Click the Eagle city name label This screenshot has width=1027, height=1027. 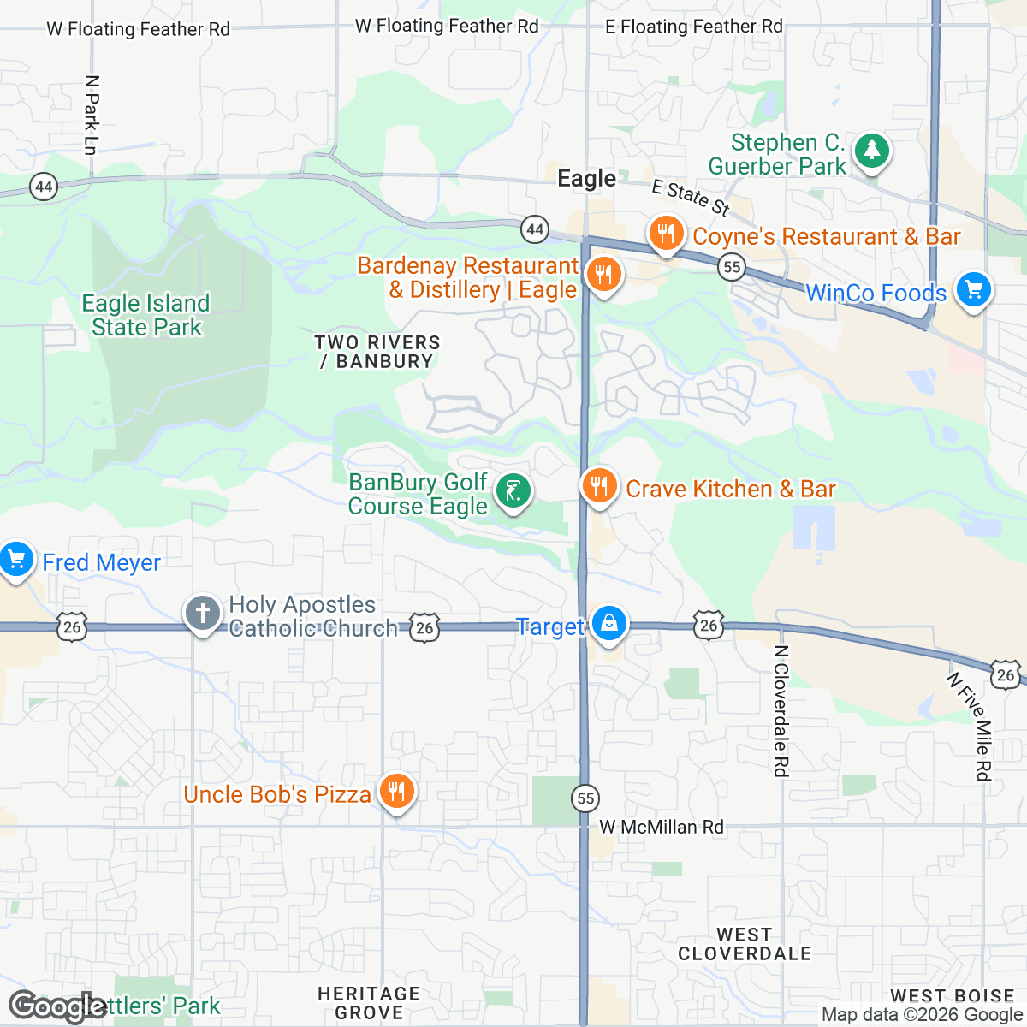[x=586, y=178]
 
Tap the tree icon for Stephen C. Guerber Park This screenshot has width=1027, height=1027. [x=871, y=151]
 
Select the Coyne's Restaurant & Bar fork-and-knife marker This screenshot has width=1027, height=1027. [x=666, y=234]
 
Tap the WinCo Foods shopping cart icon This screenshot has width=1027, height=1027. [x=973, y=290]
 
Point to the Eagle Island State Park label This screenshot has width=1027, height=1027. [x=145, y=315]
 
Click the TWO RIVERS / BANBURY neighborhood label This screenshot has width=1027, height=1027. [x=377, y=352]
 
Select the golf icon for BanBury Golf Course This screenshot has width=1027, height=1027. [x=513, y=492]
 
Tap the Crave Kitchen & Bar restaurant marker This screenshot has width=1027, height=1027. [x=599, y=487]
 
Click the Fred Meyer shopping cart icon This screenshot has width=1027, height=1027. [x=15, y=561]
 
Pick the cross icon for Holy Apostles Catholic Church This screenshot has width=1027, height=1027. [x=203, y=614]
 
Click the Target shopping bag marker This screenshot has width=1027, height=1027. [x=608, y=624]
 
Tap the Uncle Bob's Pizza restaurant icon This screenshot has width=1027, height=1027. [x=396, y=792]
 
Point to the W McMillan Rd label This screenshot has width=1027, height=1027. [x=661, y=827]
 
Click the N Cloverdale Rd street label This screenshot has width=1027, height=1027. [x=780, y=710]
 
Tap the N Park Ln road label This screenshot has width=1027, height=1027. [x=92, y=116]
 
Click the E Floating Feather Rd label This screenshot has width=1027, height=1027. [x=693, y=27]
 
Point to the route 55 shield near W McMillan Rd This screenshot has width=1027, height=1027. [x=585, y=798]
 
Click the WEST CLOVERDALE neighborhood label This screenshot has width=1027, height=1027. [x=744, y=944]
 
